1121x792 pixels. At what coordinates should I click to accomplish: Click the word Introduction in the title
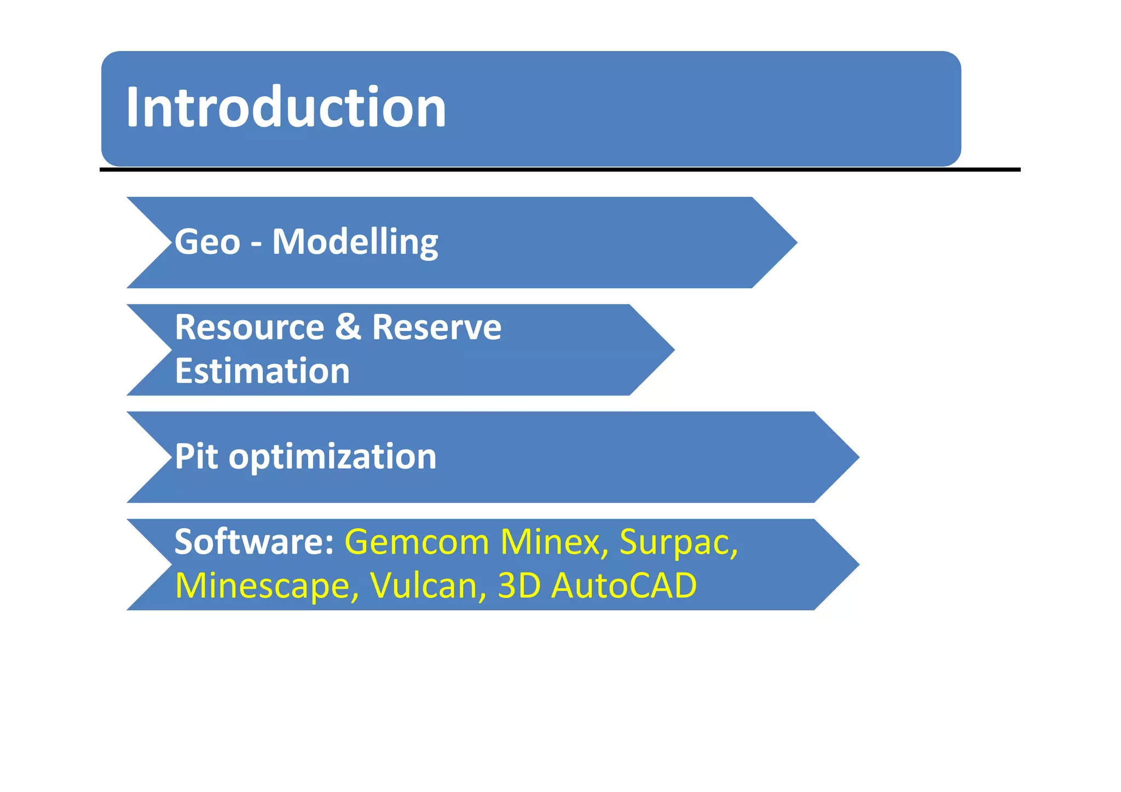(286, 108)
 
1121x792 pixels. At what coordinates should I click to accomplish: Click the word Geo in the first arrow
(207, 242)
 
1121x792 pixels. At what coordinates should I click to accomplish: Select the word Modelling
(355, 242)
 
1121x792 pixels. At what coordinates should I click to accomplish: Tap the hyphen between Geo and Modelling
(256, 243)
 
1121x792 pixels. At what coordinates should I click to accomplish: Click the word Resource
(250, 328)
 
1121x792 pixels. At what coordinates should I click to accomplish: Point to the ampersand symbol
(348, 327)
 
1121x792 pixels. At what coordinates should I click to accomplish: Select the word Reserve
(436, 328)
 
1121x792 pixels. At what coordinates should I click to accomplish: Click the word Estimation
(262, 371)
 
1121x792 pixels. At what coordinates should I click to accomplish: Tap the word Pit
(197, 457)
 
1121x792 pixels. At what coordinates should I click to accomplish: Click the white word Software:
(254, 542)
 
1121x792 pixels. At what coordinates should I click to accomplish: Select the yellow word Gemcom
(417, 543)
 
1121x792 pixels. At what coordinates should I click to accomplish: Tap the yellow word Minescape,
(267, 586)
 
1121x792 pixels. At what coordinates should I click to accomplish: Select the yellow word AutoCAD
(624, 586)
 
